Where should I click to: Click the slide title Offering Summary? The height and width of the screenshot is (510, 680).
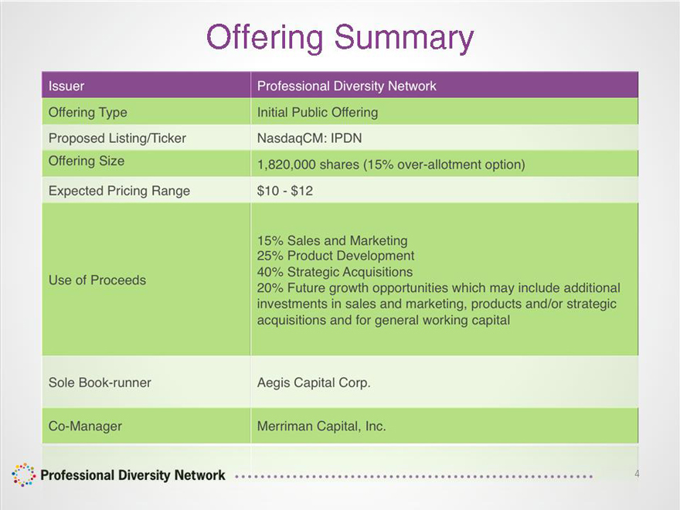(340, 38)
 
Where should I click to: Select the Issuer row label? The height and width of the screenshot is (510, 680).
(66, 86)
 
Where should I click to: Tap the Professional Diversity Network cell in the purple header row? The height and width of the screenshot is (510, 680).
(346, 86)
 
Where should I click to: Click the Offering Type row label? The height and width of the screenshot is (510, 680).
(87, 112)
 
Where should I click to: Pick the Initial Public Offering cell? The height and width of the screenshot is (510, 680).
(318, 112)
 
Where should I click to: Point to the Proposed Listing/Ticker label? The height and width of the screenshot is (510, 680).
(117, 138)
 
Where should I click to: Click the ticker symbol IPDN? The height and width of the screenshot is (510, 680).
(346, 138)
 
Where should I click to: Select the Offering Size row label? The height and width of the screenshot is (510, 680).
(87, 161)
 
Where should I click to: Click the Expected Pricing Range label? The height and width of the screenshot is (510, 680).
(119, 191)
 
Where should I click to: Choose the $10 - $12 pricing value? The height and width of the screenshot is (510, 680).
(285, 191)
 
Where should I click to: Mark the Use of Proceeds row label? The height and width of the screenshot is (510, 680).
(97, 280)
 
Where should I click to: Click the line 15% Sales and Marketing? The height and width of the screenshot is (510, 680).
(332, 240)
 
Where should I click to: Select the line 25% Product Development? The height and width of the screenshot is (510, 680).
(335, 256)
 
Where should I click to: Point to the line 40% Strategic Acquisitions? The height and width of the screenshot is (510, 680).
(335, 272)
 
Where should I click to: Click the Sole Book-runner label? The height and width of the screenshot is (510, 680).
(100, 382)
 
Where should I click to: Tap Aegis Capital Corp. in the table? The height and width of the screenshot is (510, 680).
(314, 383)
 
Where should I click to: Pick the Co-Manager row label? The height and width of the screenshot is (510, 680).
(85, 427)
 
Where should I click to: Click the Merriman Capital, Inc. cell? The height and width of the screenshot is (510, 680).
(321, 427)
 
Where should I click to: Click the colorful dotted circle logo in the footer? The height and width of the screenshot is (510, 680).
(23, 475)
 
